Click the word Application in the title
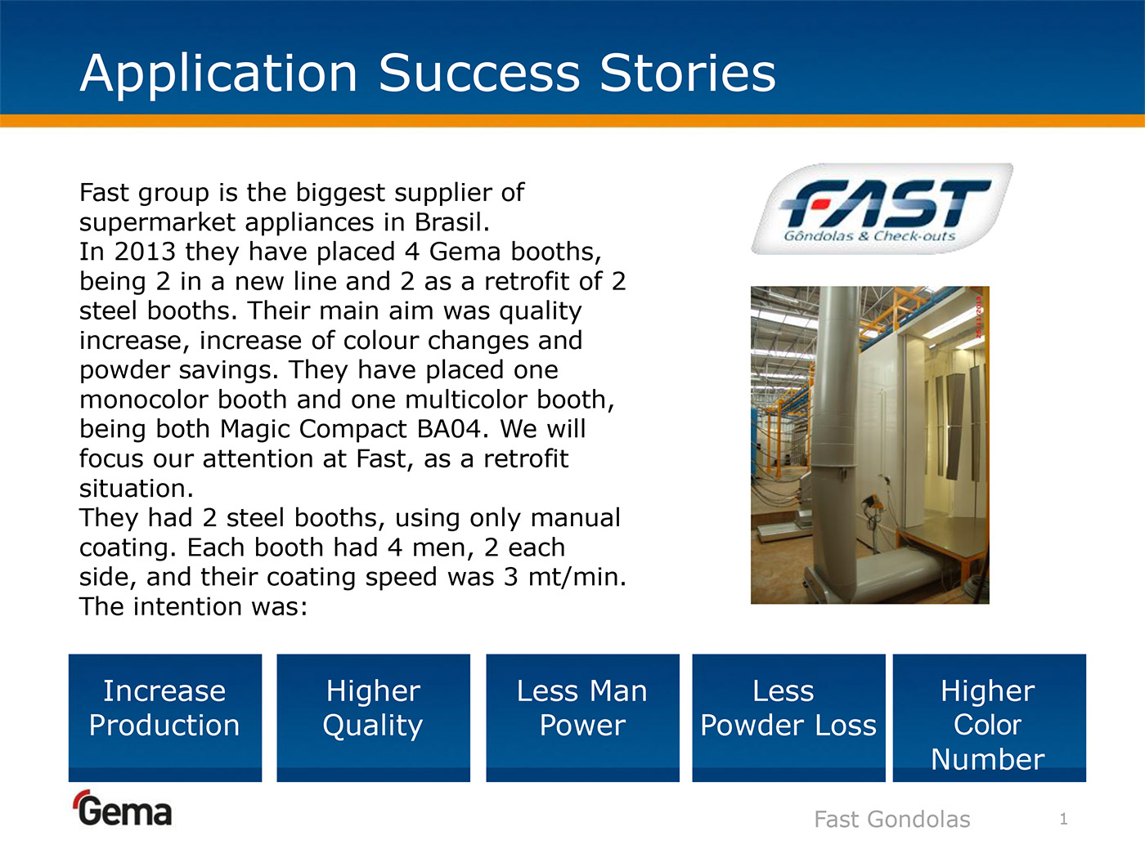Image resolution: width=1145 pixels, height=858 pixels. tap(218, 74)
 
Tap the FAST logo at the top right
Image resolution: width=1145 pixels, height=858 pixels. tap(882, 209)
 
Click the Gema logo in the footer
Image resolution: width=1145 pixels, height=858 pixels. tap(123, 808)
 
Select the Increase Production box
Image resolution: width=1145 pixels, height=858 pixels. tap(165, 718)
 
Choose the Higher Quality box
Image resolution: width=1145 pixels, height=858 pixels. tap(373, 718)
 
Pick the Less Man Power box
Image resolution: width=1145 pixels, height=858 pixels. tap(582, 718)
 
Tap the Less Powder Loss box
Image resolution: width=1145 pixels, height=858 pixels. tap(788, 718)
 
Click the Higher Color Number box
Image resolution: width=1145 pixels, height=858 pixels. tap(990, 718)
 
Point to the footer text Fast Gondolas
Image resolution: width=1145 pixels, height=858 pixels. tap(892, 820)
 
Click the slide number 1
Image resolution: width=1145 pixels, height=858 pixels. tap(1063, 819)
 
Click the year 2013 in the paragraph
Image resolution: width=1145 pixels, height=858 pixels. tap(145, 252)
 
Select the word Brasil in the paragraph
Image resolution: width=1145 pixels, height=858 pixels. tap(451, 222)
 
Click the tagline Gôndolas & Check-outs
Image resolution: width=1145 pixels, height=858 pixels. tap(869, 236)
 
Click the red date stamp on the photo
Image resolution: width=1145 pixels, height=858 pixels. tap(979, 317)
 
